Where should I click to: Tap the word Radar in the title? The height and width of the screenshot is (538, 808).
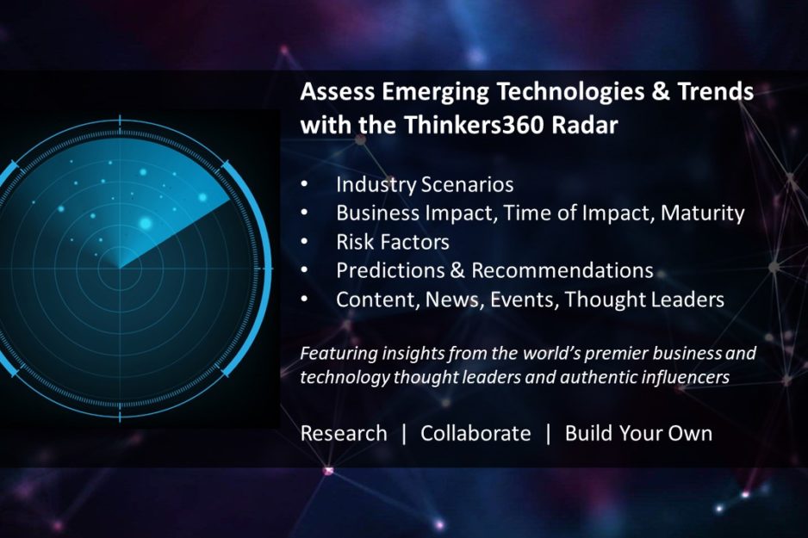585,125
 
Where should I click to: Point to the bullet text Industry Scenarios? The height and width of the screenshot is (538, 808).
425,185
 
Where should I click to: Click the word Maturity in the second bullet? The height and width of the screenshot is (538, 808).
702,213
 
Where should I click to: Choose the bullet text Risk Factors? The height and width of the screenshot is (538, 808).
393,242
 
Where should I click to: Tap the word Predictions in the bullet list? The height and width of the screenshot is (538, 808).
390,270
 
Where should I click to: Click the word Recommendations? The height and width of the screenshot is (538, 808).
562,270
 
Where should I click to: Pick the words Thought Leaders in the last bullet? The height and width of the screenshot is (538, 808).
644,299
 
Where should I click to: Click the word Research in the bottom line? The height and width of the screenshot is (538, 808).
344,434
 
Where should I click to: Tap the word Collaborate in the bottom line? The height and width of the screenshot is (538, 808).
475,434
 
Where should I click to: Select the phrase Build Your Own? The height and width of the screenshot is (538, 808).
638,434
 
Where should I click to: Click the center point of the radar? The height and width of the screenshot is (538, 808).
120,269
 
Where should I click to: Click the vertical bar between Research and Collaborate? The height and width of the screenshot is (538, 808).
404,434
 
